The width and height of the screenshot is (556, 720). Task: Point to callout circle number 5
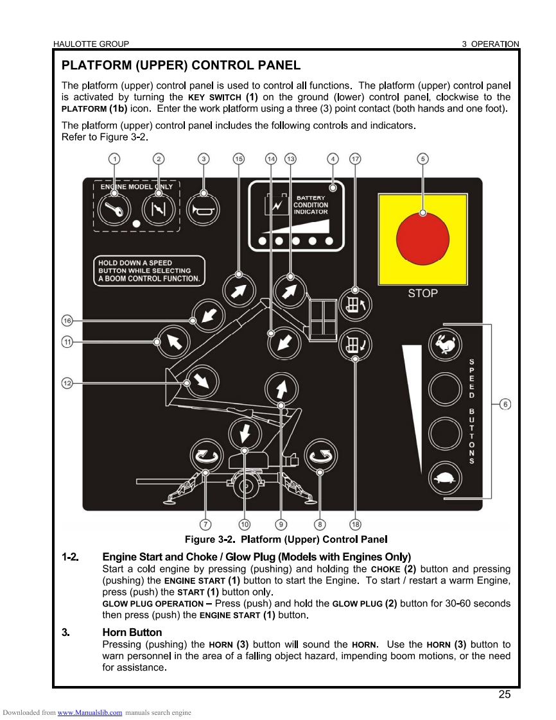click(423, 159)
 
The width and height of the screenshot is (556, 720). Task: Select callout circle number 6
click(505, 404)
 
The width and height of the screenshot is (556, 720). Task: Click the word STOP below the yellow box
click(423, 293)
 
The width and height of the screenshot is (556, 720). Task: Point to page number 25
click(504, 694)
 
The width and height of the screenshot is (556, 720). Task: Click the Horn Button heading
click(132, 633)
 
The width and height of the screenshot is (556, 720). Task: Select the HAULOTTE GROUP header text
click(91, 44)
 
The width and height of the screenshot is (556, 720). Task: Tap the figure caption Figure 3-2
click(286, 539)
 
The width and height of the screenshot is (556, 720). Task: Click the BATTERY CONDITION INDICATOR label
click(311, 205)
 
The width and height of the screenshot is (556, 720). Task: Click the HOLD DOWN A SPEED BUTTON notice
click(149, 271)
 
